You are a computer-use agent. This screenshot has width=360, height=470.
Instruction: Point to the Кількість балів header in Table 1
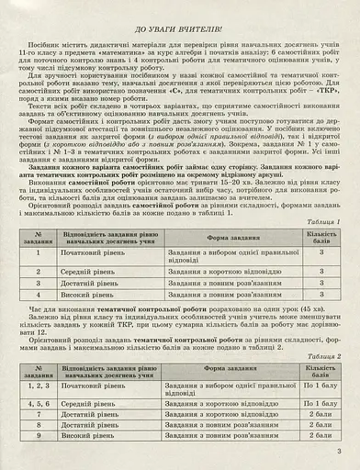[x=321, y=237]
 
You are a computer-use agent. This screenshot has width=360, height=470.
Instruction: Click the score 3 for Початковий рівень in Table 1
[x=321, y=252]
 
